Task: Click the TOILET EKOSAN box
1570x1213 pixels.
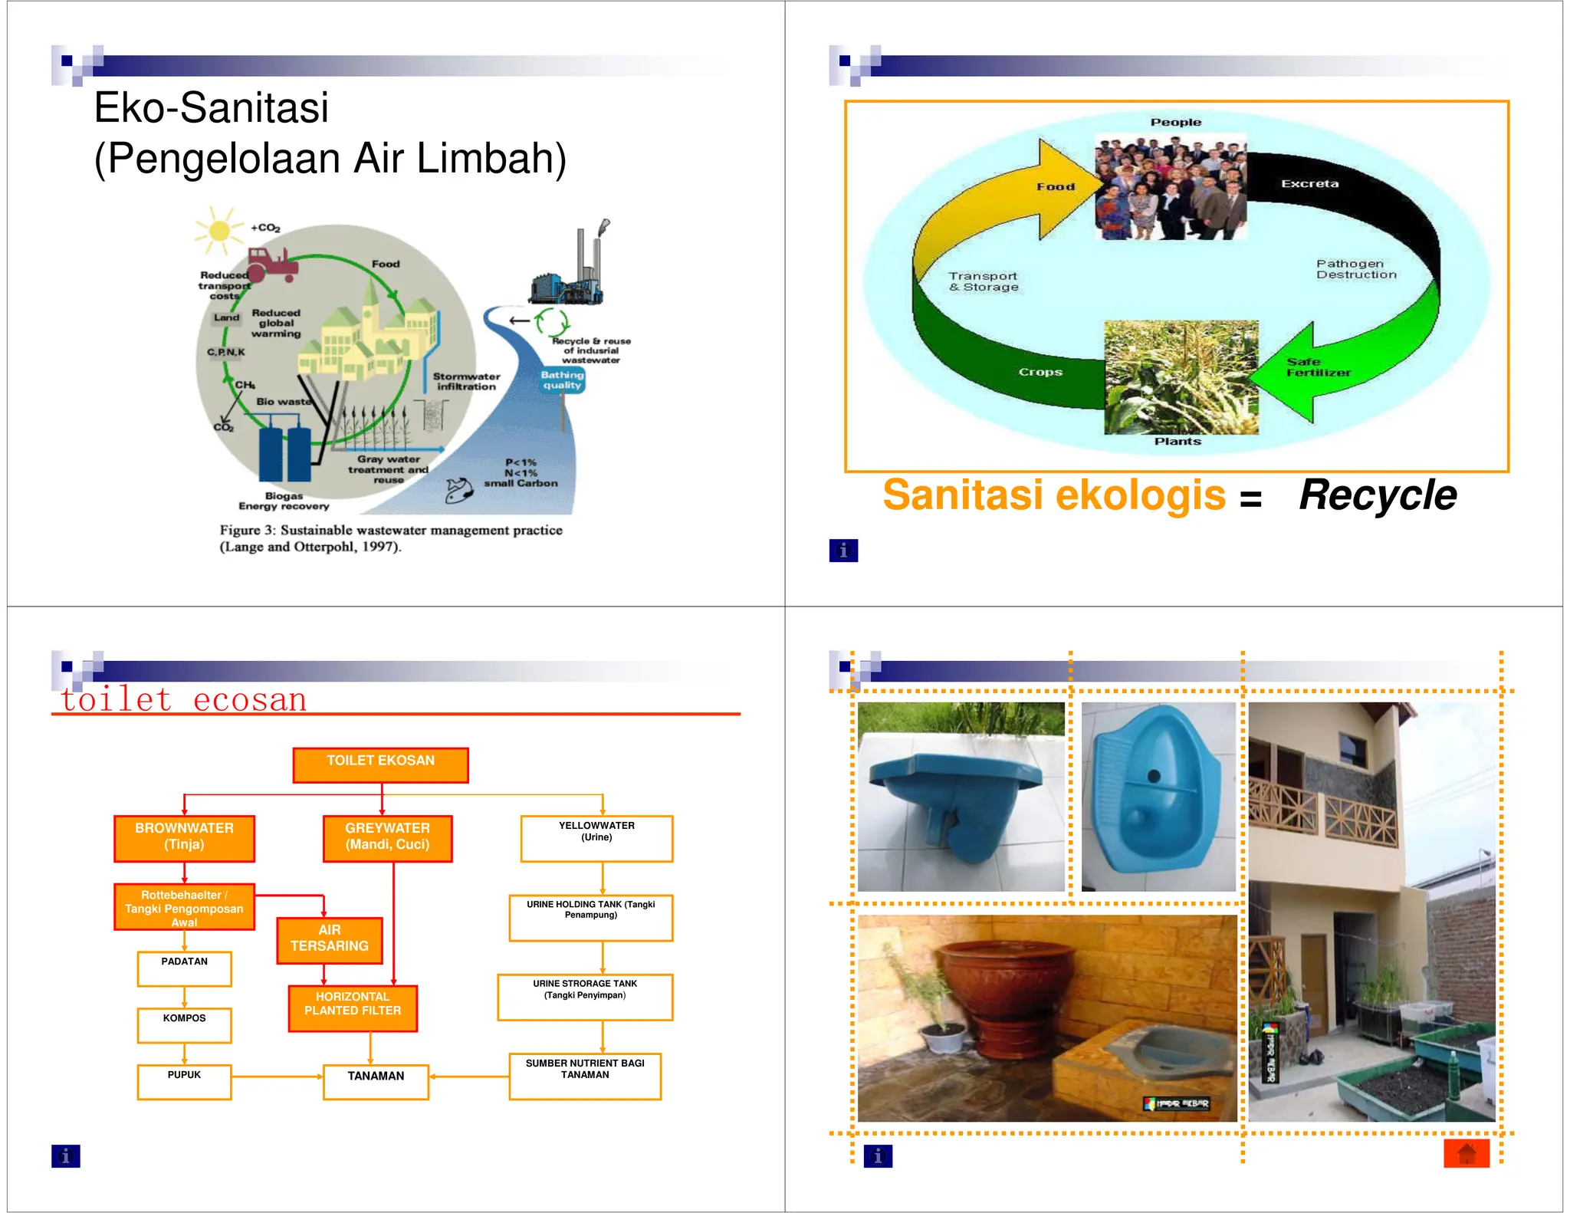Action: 380,764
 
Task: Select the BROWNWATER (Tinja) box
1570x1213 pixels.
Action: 184,837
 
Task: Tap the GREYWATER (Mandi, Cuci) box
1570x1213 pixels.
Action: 387,837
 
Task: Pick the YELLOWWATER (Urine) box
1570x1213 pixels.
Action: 596,837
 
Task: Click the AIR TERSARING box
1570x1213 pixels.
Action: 329,939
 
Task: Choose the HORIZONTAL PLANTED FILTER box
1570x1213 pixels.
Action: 353,1007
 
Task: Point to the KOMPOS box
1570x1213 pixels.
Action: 184,1024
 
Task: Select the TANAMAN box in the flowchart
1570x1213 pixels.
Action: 376,1081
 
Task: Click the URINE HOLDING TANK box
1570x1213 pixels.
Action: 590,916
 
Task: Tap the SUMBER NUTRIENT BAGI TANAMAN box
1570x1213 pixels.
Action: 585,1075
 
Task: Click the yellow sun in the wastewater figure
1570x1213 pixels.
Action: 219,230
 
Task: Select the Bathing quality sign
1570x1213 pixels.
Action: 562,380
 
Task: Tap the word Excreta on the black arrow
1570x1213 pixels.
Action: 1309,184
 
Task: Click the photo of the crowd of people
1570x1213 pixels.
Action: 1171,187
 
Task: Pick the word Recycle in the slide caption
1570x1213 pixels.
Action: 1377,495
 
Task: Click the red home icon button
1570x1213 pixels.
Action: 1466,1153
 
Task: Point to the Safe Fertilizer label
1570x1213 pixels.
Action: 1318,367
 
